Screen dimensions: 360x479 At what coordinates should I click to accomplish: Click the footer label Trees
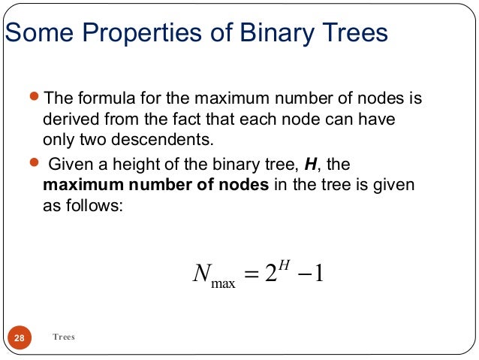(64, 337)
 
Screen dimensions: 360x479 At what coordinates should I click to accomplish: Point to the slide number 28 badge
(20, 338)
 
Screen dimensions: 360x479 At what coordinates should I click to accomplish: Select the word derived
(71, 119)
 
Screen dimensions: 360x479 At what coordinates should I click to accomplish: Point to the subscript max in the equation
(223, 283)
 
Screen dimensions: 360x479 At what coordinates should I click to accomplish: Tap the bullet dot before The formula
(32, 98)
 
